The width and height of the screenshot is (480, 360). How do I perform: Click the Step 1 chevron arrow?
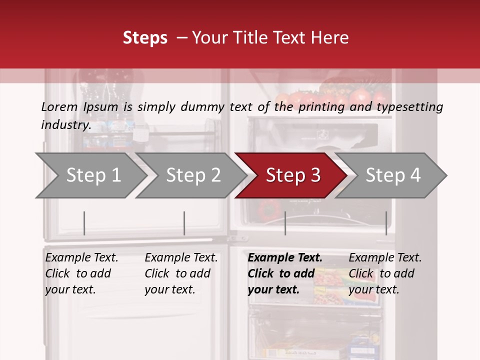point(92,175)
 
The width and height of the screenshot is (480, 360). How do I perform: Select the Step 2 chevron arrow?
point(192,175)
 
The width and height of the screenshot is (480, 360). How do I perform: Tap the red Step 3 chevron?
point(292,175)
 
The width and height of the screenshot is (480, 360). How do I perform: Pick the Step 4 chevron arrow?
point(392,175)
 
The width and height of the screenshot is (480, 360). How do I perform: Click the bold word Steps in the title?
point(145,38)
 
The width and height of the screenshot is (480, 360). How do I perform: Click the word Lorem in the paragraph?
point(59,106)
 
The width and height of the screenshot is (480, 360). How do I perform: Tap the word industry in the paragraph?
point(65,125)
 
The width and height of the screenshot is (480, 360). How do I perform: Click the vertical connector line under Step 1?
point(84,223)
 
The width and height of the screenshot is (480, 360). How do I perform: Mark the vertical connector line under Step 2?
point(184,223)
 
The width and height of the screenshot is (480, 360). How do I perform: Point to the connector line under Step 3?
point(285,223)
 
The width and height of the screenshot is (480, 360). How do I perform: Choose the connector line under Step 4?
point(386,223)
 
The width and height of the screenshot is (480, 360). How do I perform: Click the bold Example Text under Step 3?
point(285,258)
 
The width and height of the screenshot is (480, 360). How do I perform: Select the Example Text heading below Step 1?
point(81,258)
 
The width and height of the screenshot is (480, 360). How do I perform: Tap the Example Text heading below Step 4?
point(385,258)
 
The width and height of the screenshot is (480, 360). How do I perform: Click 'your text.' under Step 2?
point(169,289)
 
